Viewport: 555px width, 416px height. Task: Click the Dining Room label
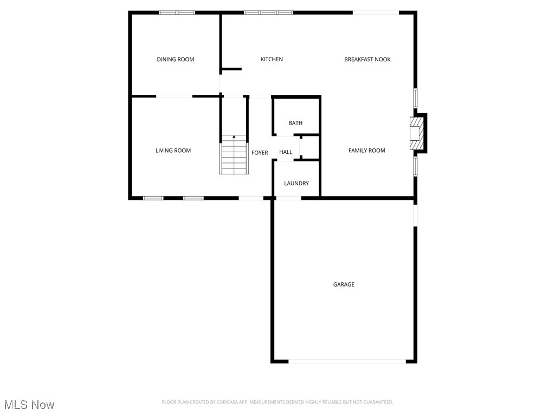[x=175, y=60]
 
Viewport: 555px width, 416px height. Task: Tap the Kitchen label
[x=272, y=60]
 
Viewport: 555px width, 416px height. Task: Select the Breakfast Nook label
[x=367, y=60]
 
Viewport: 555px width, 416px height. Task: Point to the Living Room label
[x=173, y=151]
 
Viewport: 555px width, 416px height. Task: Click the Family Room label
[x=366, y=151]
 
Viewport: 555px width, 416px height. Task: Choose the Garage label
[x=344, y=284]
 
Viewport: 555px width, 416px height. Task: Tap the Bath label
[x=295, y=123]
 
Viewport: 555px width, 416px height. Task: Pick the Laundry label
[x=296, y=184]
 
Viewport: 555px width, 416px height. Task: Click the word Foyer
[x=260, y=153]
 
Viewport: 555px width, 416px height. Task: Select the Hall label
[x=286, y=152]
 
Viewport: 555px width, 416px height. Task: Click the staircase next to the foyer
[x=234, y=158]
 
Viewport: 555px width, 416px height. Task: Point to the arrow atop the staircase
[x=234, y=137]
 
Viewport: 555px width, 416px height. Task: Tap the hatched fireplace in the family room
[x=415, y=134]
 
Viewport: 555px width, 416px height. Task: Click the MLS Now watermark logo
[x=29, y=405]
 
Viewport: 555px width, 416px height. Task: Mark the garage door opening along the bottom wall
[x=347, y=361]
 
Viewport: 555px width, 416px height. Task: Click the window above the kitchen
[x=268, y=12]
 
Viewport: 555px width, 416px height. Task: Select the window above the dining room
[x=177, y=12]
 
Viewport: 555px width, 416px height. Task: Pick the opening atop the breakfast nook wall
[x=376, y=12]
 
